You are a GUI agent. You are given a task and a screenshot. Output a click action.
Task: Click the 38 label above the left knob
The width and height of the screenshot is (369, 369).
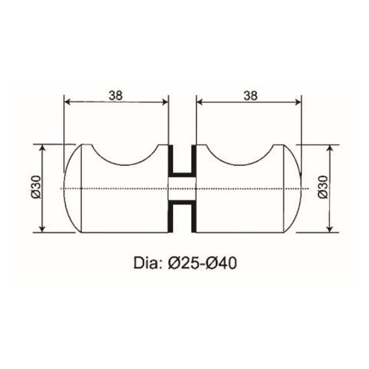point(115,95)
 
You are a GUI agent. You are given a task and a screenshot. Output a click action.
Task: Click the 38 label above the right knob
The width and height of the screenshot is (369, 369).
point(250,95)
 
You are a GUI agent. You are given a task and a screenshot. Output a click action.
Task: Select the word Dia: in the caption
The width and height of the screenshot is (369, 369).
point(146,264)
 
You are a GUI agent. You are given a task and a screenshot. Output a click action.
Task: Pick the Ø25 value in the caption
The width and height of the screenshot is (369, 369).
point(182,264)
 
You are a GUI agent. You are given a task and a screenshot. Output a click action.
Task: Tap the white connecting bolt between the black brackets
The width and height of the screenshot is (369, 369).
point(182,189)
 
